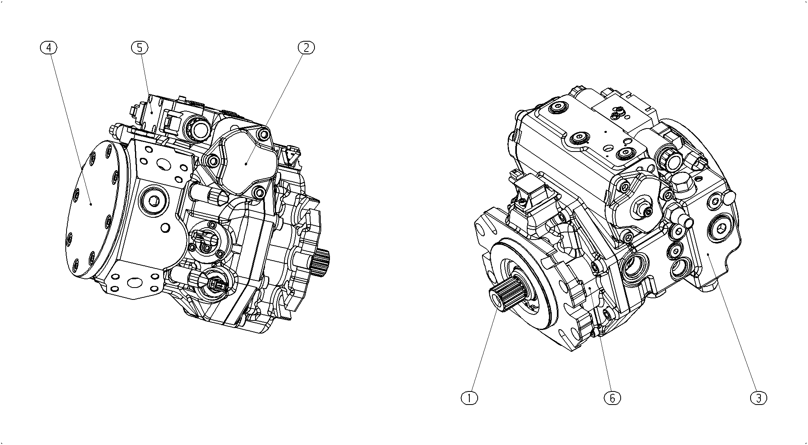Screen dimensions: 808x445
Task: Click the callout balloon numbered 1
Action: [x=470, y=398]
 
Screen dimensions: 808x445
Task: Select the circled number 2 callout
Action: [x=306, y=48]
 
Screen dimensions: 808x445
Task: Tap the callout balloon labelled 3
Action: [x=758, y=398]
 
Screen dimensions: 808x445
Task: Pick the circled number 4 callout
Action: [x=49, y=48]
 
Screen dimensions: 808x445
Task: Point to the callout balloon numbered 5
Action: [x=139, y=48]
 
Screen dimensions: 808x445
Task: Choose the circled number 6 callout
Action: [x=612, y=398]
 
